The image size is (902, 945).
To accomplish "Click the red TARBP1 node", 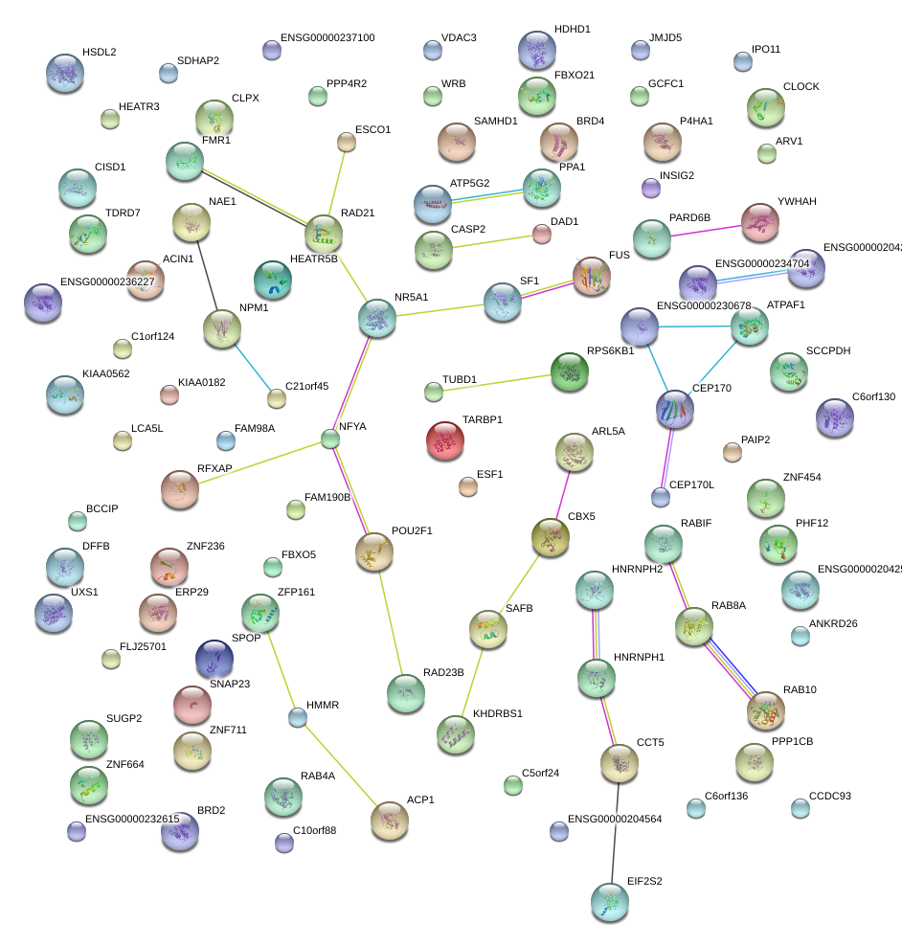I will coord(444,440).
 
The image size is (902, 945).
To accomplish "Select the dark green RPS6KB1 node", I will coord(570,371).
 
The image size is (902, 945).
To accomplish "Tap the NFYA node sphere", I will coord(330,439).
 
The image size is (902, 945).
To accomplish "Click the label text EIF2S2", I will coord(644,880).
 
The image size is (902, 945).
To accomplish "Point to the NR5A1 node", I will coord(376,318).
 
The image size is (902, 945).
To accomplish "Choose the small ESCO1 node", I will coord(347,143).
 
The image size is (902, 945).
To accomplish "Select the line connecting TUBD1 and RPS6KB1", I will coord(497,382).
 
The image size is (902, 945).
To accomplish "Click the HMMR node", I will coord(299,716).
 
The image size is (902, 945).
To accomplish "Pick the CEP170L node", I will coord(660,496).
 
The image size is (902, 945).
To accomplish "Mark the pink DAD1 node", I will coord(542,233).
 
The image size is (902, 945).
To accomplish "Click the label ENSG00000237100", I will coord(327,38).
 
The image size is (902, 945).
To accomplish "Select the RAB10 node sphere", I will coord(765,710).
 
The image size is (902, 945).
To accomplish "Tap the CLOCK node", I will coord(766,107).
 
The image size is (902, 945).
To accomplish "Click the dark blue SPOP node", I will coord(214,659).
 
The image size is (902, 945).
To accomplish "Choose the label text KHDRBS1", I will coord(498,713).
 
